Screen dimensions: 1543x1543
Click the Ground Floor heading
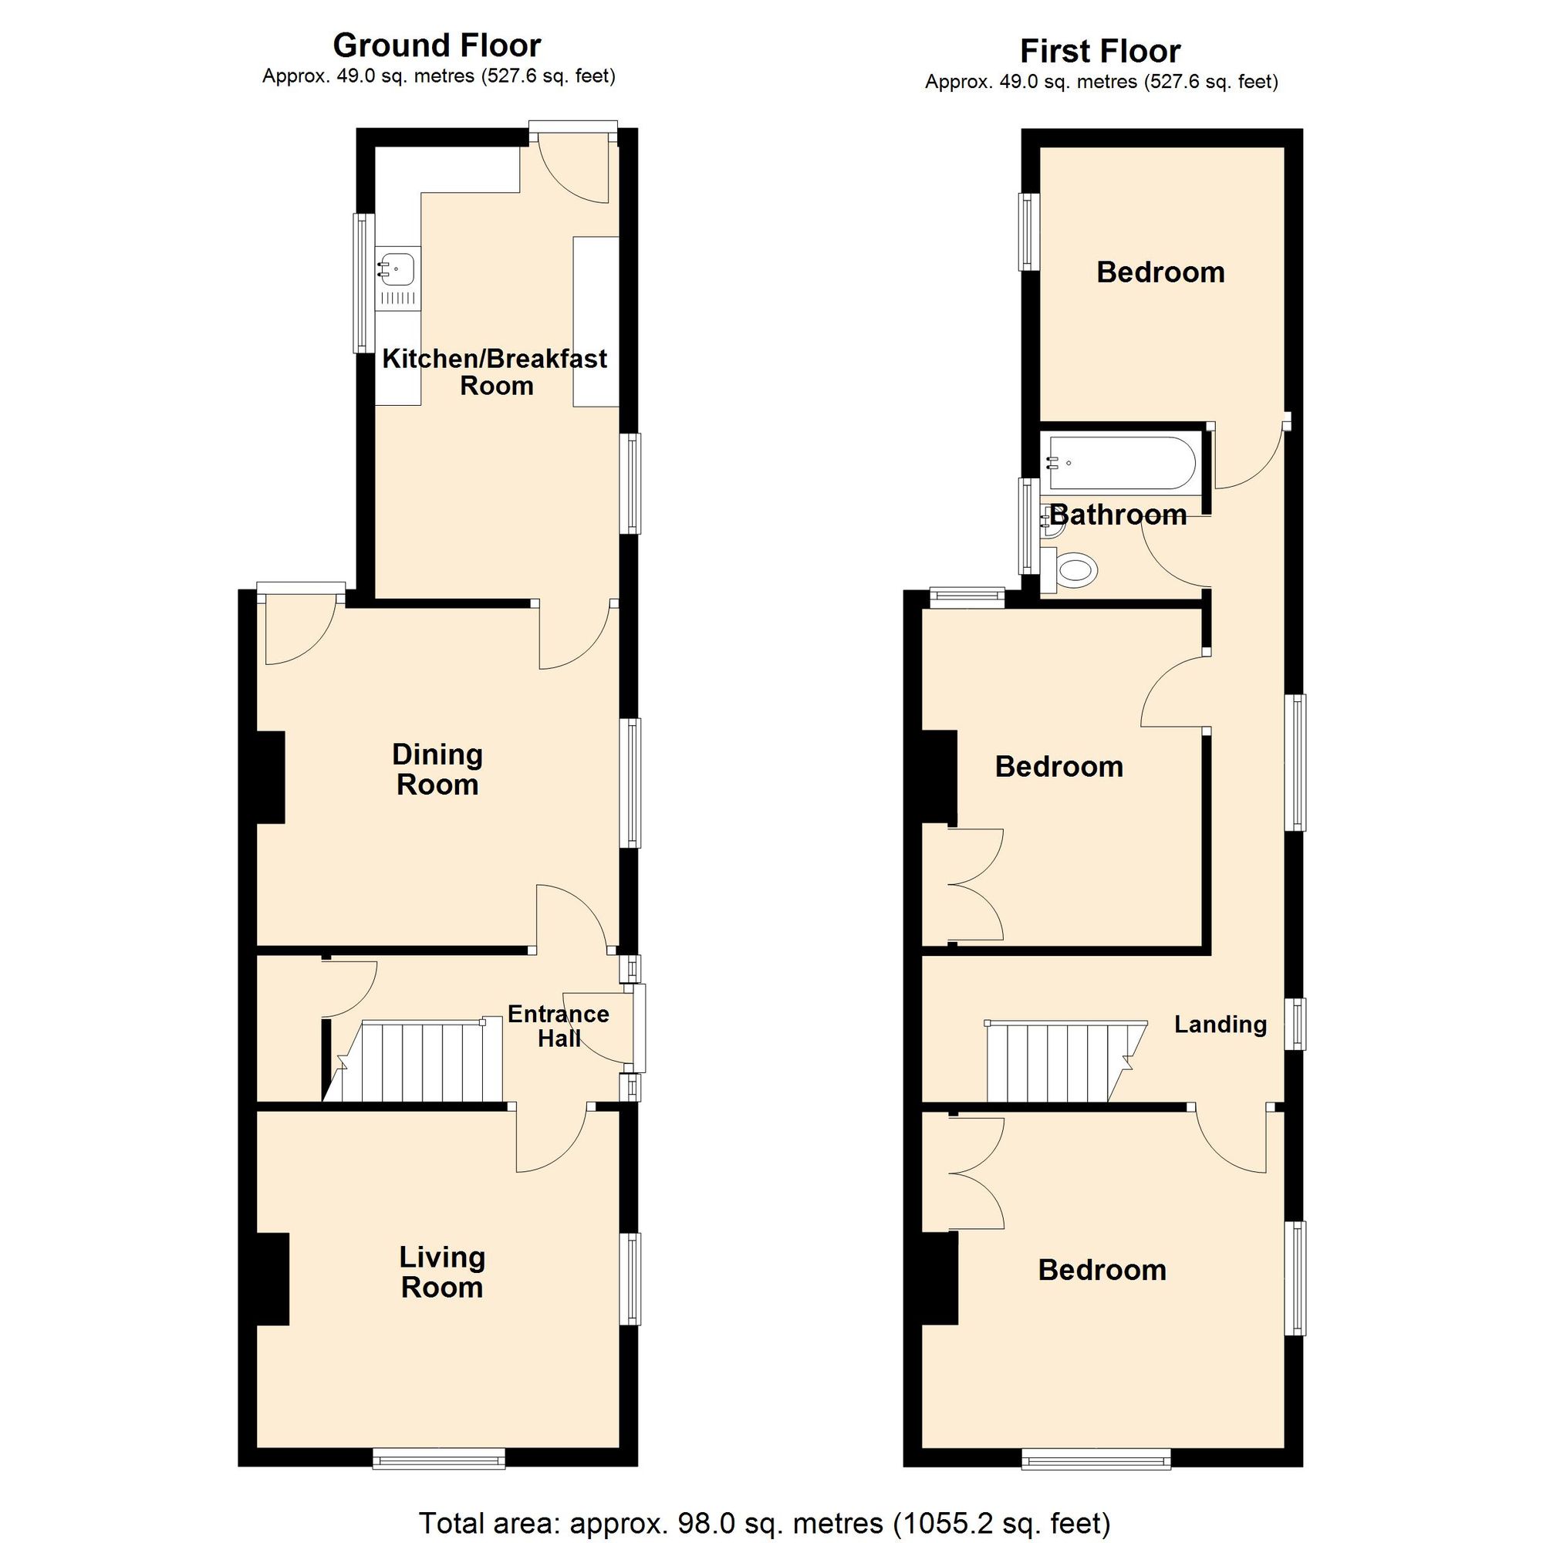tap(437, 46)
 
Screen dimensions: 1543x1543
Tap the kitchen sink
tap(397, 268)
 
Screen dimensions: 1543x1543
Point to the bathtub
tap(1122, 463)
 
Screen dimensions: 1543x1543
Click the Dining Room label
tap(437, 769)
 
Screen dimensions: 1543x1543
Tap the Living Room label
tap(441, 1272)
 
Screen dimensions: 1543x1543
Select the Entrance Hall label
tap(559, 1026)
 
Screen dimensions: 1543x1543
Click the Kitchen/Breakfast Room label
tap(495, 372)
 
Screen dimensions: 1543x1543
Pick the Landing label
tap(1221, 1025)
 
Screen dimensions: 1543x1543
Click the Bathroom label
tap(1118, 515)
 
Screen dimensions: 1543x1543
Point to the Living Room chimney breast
tap(272, 1279)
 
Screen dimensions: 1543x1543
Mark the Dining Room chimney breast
tap(270, 777)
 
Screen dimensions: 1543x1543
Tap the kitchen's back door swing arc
tap(573, 169)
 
